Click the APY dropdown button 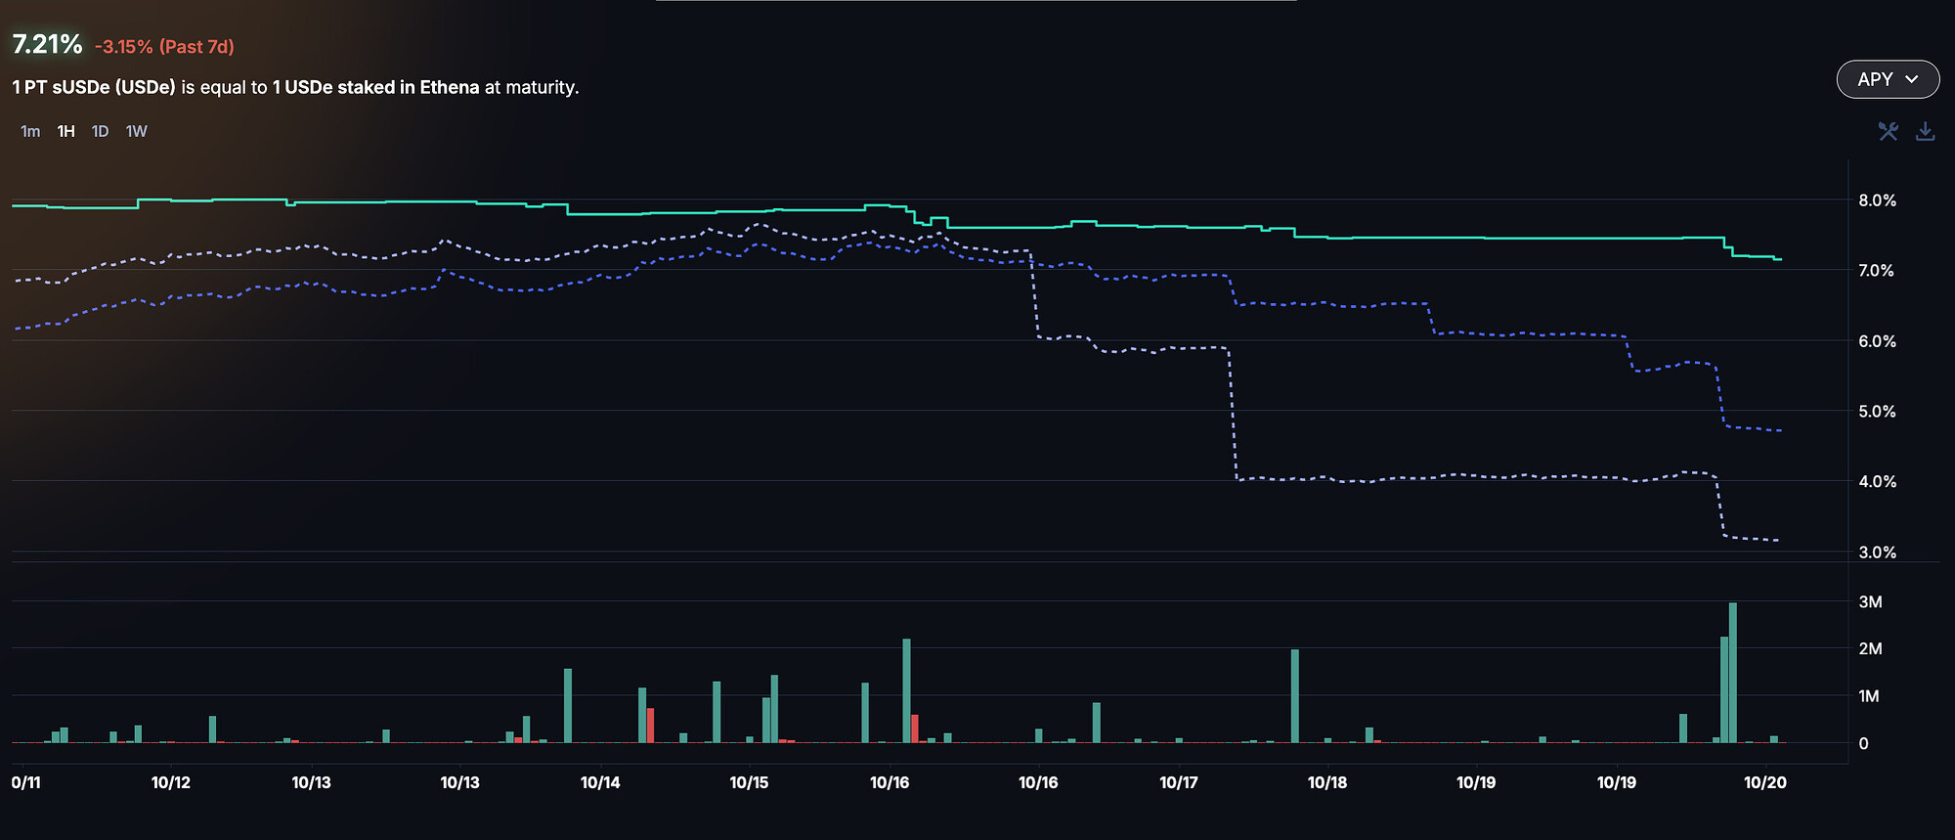1888,79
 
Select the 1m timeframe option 30,131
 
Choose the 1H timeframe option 65,131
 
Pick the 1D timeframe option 100,131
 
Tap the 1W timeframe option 136,131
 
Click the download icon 1925,131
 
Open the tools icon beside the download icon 1888,131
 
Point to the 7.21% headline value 47,44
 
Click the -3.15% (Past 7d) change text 164,47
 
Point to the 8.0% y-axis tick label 1877,200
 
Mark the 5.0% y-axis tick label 1877,412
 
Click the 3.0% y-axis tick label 1877,553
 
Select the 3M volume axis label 1870,602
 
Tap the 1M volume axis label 1869,696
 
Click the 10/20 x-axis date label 1764,782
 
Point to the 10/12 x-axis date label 171,782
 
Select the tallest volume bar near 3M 1733,673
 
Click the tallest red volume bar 650,725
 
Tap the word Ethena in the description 450,87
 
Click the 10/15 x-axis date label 749,782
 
